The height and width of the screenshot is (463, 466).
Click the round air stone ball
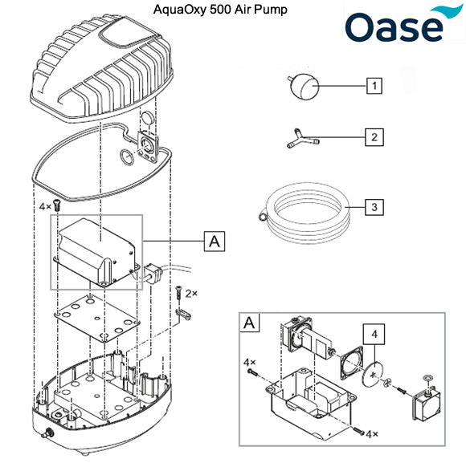[305, 84]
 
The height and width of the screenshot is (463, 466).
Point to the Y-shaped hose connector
[301, 140]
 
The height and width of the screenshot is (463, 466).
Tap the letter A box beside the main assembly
[215, 241]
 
